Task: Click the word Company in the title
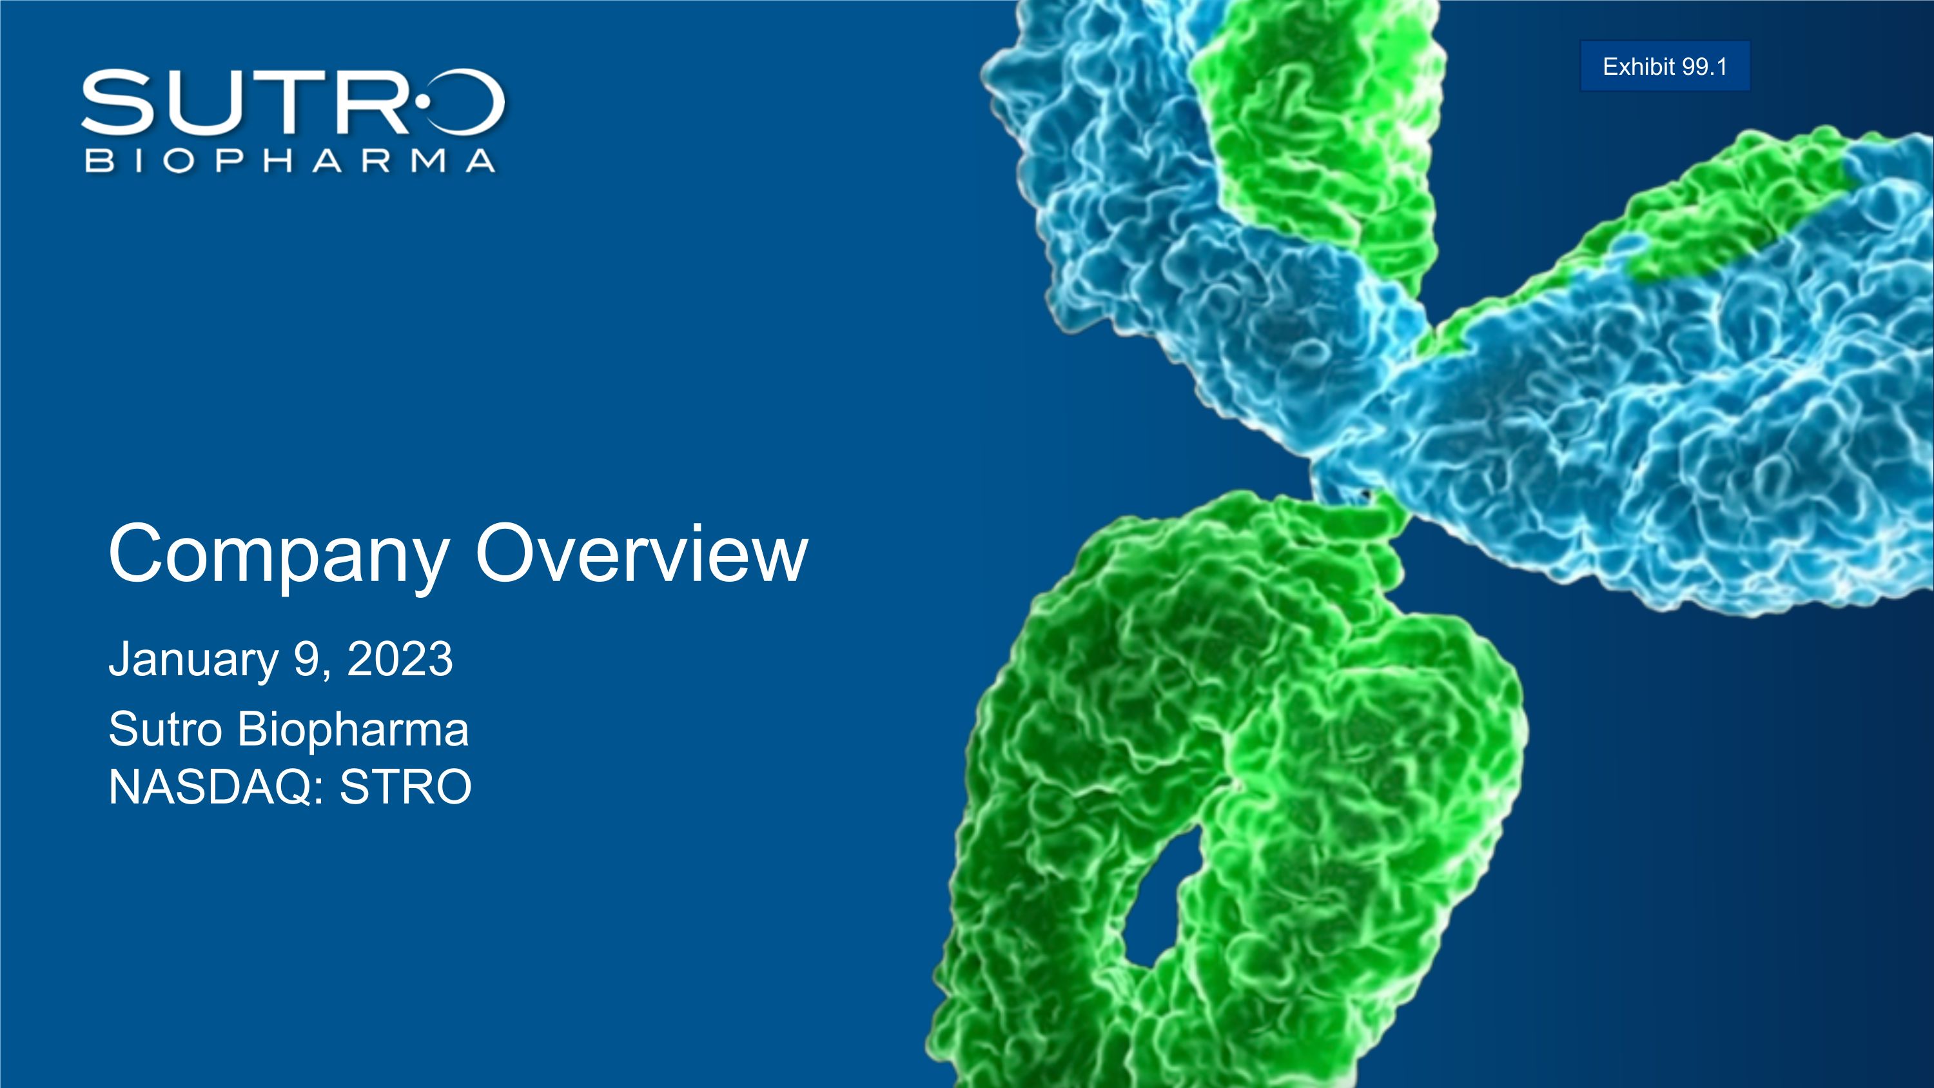278,557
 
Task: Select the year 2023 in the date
400,658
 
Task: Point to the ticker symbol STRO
405,787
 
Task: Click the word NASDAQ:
216,787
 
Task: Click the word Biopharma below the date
353,731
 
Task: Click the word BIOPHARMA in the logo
290,160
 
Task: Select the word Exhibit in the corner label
1639,67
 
